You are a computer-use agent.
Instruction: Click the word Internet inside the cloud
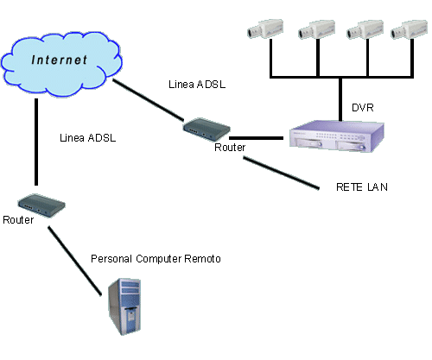(59, 60)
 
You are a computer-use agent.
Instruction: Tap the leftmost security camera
(265, 28)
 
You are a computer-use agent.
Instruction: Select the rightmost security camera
(409, 29)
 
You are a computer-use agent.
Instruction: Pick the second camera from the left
(316, 29)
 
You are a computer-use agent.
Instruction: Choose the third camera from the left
(365, 29)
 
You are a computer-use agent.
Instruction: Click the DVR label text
(363, 108)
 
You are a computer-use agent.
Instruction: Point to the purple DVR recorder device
(337, 136)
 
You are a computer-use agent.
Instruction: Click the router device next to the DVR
(206, 129)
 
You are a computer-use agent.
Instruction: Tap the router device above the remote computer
(41, 205)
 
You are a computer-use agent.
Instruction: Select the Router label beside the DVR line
(230, 148)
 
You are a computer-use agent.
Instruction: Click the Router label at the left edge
(18, 220)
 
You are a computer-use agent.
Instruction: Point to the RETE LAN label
(362, 187)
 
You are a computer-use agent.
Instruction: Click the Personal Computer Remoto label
(156, 259)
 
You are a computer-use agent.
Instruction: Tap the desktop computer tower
(124, 306)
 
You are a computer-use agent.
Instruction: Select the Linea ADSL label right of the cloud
(197, 85)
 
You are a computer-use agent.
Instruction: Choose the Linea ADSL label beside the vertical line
(88, 138)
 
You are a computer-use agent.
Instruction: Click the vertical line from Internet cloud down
(36, 142)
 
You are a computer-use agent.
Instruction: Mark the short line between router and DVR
(256, 138)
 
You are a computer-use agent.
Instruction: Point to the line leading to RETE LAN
(281, 173)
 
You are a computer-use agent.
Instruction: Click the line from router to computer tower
(74, 261)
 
